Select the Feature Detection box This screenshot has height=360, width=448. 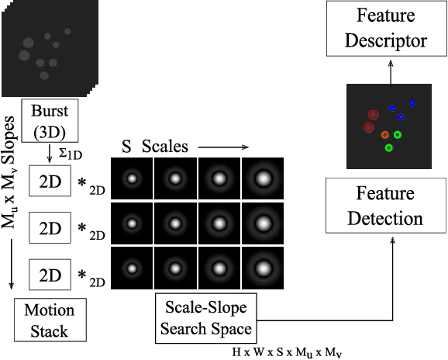[385, 205]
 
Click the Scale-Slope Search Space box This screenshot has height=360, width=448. [208, 318]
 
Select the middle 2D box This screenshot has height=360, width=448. [50, 229]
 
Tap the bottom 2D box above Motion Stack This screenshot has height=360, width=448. [50, 275]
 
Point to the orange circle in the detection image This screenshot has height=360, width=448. [384, 135]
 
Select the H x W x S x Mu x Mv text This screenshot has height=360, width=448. [286, 351]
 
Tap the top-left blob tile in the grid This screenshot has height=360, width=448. [132, 179]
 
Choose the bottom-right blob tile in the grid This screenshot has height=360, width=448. [264, 269]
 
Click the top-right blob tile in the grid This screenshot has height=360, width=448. [264, 179]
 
